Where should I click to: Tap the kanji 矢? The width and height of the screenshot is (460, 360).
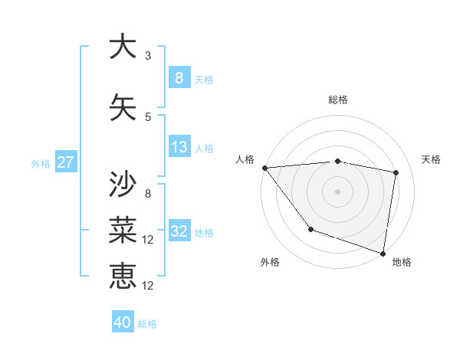pyautogui.click(x=123, y=107)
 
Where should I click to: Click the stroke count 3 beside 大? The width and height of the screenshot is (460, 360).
pyautogui.click(x=148, y=55)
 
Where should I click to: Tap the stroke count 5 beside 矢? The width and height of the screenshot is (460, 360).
pyautogui.click(x=148, y=117)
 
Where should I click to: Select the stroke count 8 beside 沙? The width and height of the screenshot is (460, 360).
pyautogui.click(x=148, y=194)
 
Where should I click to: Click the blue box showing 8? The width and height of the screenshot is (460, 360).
pyautogui.click(x=179, y=77)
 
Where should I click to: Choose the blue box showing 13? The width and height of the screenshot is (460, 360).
pyautogui.click(x=179, y=147)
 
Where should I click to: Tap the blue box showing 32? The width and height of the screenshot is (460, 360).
pyautogui.click(x=179, y=231)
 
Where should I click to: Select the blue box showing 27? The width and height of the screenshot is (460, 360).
pyautogui.click(x=66, y=162)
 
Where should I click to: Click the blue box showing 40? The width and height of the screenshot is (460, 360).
pyautogui.click(x=123, y=322)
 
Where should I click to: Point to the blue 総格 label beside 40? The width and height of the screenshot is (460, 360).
pyautogui.click(x=148, y=324)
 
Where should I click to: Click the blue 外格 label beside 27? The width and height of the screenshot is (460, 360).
pyautogui.click(x=40, y=163)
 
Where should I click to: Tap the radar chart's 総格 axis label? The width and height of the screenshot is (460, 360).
pyautogui.click(x=337, y=100)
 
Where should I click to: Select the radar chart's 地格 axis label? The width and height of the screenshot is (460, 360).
pyautogui.click(x=402, y=262)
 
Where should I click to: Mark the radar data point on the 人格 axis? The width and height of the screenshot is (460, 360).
pyautogui.click(x=264, y=168)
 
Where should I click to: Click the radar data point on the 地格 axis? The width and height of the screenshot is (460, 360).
pyautogui.click(x=383, y=253)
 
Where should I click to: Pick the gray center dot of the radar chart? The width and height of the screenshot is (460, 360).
pyautogui.click(x=337, y=191)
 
